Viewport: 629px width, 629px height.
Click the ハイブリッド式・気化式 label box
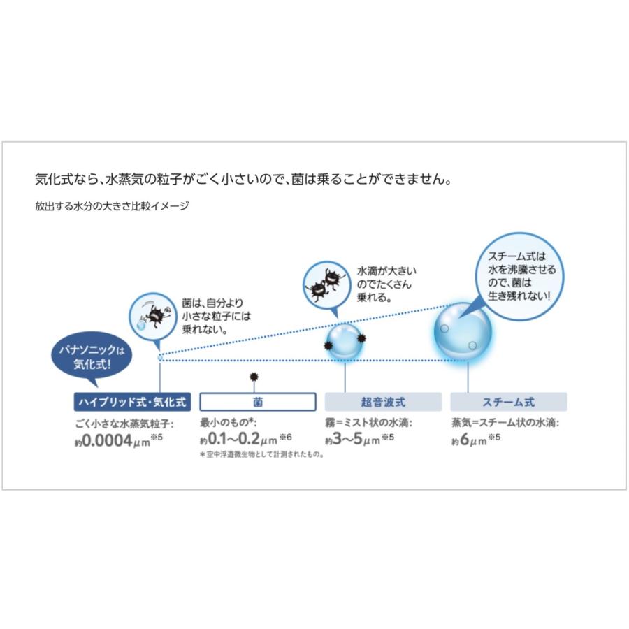pyautogui.click(x=132, y=402)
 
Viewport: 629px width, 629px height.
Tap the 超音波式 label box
pyautogui.click(x=383, y=402)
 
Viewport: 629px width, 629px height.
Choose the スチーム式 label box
pyautogui.click(x=508, y=402)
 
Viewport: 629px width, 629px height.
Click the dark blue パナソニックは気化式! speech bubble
pyautogui.click(x=91, y=356)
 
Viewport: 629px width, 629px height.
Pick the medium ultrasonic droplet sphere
pyautogui.click(x=345, y=341)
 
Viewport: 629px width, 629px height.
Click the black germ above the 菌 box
pyautogui.click(x=254, y=377)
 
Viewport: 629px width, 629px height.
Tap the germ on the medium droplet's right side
pyautogui.click(x=361, y=339)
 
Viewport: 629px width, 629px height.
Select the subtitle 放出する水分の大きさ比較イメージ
pyautogui.click(x=112, y=206)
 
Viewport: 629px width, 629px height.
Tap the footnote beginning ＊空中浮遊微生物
pyautogui.click(x=262, y=454)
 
